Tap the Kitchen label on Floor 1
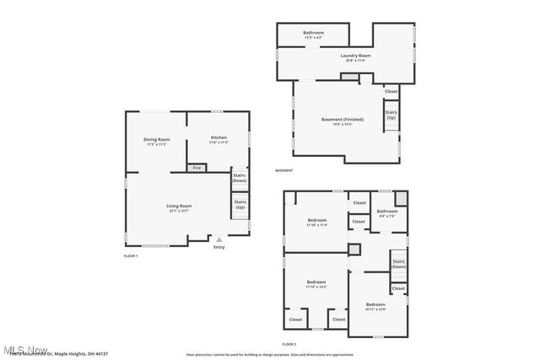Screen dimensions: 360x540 tap(219, 137)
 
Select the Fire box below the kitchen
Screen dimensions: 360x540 tap(197, 168)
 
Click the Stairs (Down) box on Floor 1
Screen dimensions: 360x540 tap(240, 178)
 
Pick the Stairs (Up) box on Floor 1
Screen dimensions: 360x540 tap(240, 204)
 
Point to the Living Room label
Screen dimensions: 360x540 tap(178, 207)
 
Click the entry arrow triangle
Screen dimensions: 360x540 tap(219, 239)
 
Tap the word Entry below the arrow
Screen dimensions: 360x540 tap(219, 247)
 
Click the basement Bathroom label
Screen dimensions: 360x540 tap(314, 33)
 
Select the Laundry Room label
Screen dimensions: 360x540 tap(355, 56)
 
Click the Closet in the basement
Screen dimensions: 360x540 tap(391, 91)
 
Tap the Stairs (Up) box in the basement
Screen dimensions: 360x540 tap(391, 115)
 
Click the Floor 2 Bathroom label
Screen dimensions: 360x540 tap(386, 212)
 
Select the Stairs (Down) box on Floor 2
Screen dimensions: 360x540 tap(398, 264)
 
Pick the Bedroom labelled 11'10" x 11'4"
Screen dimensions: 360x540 tap(316, 222)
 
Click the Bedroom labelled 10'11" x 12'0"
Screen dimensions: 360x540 tap(375, 304)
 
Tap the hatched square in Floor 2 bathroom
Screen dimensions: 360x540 tap(401, 198)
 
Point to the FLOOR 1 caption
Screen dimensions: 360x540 tap(130, 255)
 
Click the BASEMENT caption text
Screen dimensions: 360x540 tap(284, 170)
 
